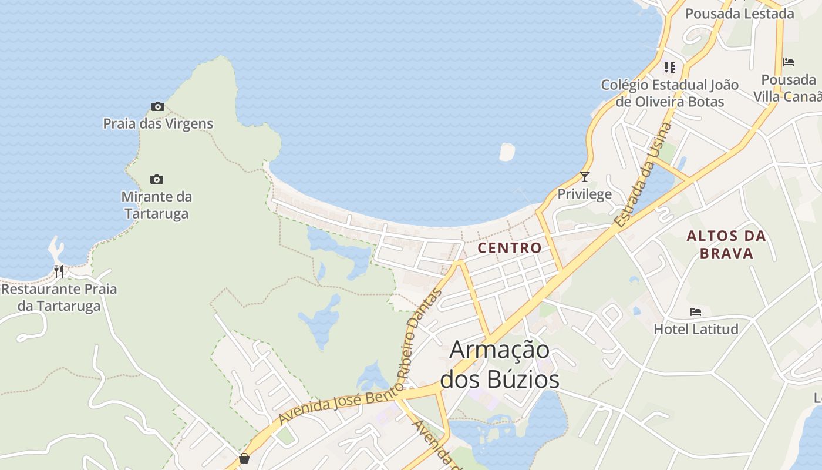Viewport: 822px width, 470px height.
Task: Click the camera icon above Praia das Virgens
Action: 157,107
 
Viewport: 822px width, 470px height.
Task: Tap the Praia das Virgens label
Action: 158,124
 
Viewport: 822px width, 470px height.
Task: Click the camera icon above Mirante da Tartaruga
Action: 157,179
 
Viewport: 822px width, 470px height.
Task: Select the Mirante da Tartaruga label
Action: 157,204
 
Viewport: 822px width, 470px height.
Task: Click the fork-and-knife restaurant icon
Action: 59,271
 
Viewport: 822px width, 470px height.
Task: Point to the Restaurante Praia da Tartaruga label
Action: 59,297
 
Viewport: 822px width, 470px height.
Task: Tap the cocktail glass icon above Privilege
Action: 584,176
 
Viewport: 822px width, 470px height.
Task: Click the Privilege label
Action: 584,194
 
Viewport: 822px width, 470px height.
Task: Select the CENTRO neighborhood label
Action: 510,248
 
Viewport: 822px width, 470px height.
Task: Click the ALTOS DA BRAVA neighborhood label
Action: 726,244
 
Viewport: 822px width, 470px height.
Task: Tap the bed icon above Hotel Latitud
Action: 696,311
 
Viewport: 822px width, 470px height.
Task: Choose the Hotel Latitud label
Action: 696,329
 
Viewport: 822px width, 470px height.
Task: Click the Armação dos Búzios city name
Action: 500,364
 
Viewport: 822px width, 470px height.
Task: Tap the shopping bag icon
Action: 244,458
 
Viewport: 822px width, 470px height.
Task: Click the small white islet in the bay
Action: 507,152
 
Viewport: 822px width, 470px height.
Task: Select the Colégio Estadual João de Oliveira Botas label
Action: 669,93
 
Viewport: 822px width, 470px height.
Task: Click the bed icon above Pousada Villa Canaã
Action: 789,62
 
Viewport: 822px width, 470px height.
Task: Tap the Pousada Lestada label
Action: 739,14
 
